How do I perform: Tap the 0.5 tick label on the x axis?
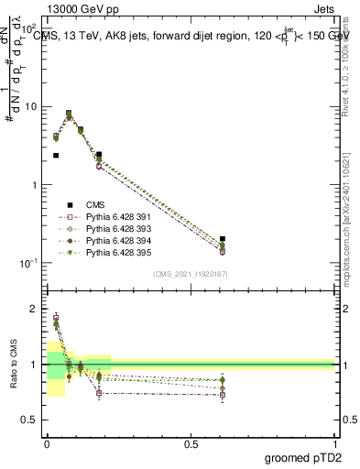[x=191, y=444]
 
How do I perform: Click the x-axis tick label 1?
[x=335, y=444]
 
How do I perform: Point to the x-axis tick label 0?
[x=47, y=444]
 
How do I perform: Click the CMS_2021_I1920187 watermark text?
[x=191, y=273]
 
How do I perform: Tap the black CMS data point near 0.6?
[x=223, y=239]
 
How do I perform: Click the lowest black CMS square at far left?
[x=56, y=156]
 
